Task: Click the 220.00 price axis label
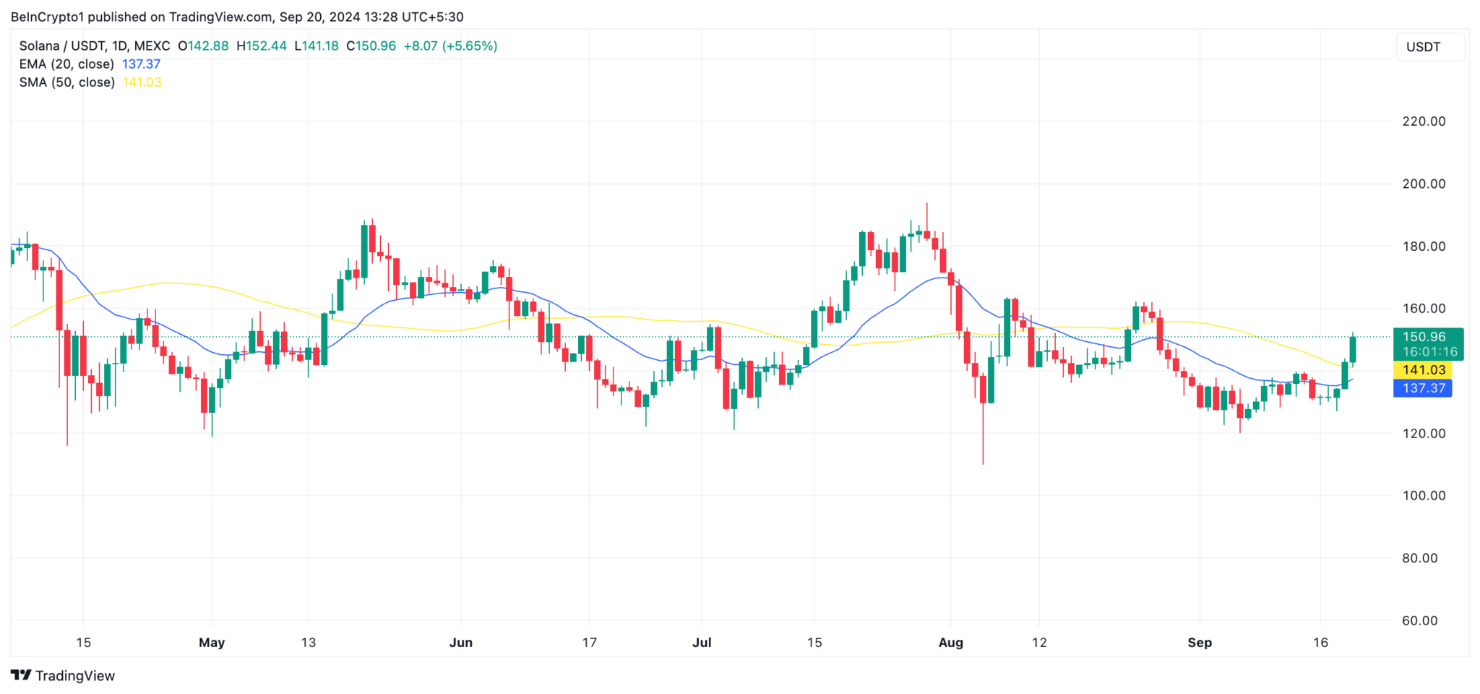click(1423, 121)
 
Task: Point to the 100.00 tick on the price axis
click(1423, 496)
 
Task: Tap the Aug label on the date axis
click(950, 643)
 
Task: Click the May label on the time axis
click(212, 643)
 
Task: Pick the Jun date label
click(460, 643)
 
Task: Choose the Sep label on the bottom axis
click(1199, 643)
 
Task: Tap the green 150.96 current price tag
click(1423, 337)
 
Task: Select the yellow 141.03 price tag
click(1423, 370)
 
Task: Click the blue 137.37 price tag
click(1423, 388)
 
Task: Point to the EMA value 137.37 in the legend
click(141, 64)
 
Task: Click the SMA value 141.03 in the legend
click(142, 82)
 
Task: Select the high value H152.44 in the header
click(261, 46)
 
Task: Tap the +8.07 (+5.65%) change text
click(449, 46)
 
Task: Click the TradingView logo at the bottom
click(63, 676)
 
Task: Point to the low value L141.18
click(317, 46)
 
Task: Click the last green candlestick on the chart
click(1352, 350)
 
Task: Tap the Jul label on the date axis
click(701, 643)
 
